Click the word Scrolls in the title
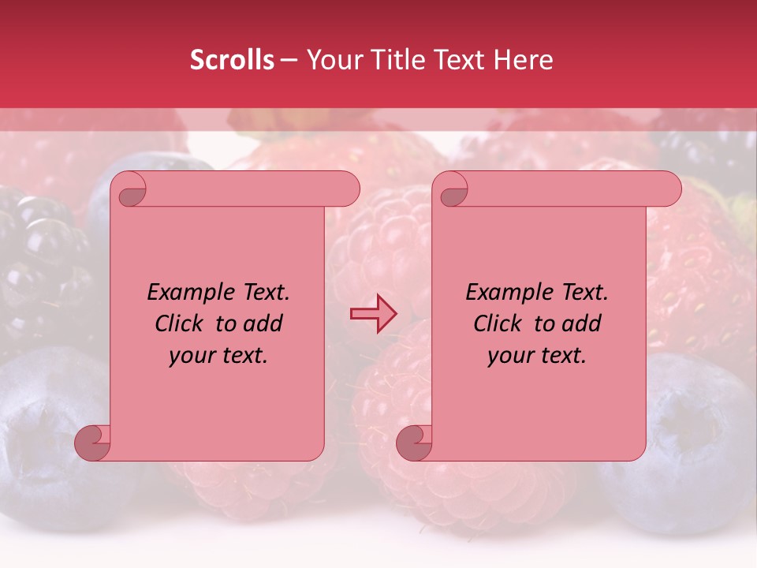pos(233,60)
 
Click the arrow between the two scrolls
pos(374,314)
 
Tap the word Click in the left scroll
pos(172,323)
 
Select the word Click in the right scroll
pos(490,323)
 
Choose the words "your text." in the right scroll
pos(537,356)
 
